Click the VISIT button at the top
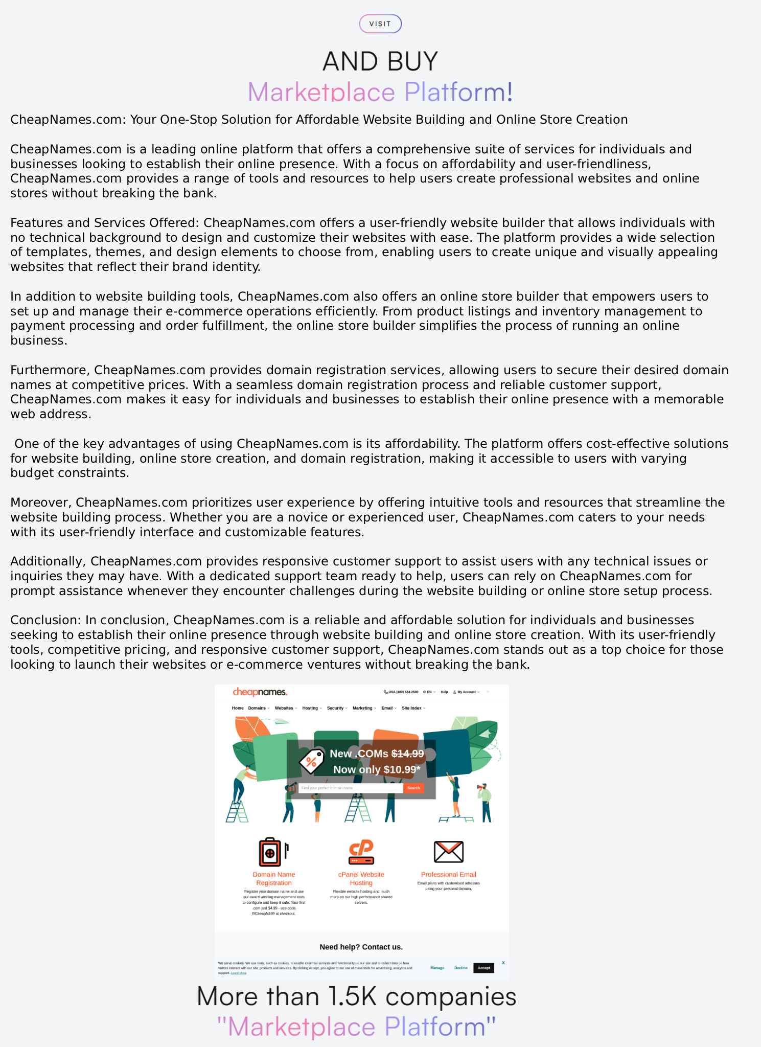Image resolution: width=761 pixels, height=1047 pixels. (x=380, y=24)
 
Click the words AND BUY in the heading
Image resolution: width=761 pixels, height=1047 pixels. (x=380, y=61)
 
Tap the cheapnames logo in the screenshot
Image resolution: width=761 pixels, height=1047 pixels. (x=260, y=692)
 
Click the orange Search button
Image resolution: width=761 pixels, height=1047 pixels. (x=413, y=788)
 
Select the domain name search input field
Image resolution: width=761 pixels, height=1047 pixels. (x=351, y=788)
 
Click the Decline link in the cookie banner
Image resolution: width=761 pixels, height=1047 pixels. (x=460, y=968)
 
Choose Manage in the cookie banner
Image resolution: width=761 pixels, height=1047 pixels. (x=437, y=968)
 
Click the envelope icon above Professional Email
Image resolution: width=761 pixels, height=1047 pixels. (x=448, y=852)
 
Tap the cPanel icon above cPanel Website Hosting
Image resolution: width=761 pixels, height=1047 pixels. (x=361, y=852)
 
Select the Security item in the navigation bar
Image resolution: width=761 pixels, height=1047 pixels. (x=337, y=708)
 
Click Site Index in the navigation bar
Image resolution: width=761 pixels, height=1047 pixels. (x=413, y=708)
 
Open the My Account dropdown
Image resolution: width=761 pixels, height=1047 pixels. (x=467, y=692)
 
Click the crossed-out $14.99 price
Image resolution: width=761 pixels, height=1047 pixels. (x=407, y=754)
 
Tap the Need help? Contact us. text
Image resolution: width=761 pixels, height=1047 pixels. (x=361, y=947)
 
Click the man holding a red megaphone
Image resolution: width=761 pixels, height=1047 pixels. (x=485, y=802)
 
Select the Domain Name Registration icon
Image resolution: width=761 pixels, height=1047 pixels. (x=271, y=852)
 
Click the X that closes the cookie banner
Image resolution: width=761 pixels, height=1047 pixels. (x=503, y=963)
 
